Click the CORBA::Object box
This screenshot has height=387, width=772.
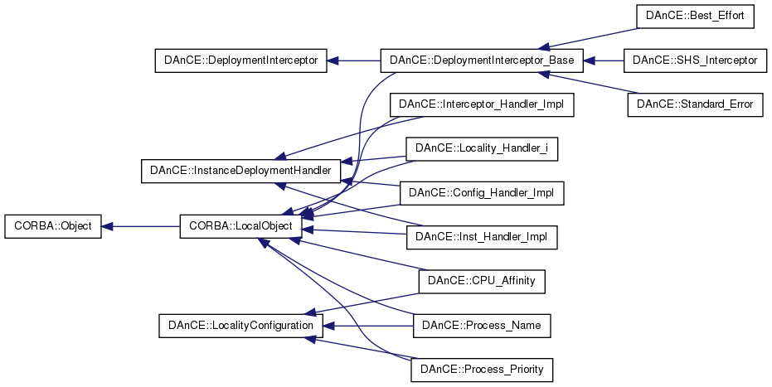(53, 226)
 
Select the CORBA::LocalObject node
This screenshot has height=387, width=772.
(240, 226)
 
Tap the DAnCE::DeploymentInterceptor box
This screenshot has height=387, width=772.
(240, 60)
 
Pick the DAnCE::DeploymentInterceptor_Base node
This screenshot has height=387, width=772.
(482, 60)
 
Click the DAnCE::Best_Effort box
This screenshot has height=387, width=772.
(695, 17)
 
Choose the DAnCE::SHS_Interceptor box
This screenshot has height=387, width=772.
(695, 60)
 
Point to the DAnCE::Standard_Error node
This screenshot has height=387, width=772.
(695, 104)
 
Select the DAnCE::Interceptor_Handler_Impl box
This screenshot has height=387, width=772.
(482, 104)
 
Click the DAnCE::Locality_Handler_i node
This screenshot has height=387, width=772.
(482, 148)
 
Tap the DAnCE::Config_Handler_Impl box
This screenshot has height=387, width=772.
(482, 193)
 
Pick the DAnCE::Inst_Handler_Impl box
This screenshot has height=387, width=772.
(482, 237)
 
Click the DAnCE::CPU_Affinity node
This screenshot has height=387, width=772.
(482, 281)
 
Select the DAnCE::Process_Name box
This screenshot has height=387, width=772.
(482, 326)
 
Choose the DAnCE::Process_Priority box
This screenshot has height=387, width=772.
(482, 370)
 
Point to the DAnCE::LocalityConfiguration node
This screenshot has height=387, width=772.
(240, 326)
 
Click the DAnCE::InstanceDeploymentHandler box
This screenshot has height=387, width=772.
(240, 171)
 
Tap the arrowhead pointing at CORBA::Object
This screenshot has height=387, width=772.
(107, 226)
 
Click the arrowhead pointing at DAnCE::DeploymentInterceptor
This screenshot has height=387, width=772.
(333, 60)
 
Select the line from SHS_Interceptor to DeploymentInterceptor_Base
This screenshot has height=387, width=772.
(603, 60)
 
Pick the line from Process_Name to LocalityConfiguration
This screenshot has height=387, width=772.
(368, 326)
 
